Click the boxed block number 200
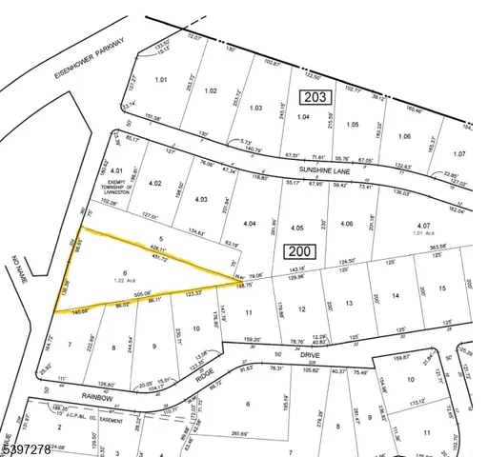tap(297, 250)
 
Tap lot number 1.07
tap(461, 152)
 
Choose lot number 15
tap(441, 288)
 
